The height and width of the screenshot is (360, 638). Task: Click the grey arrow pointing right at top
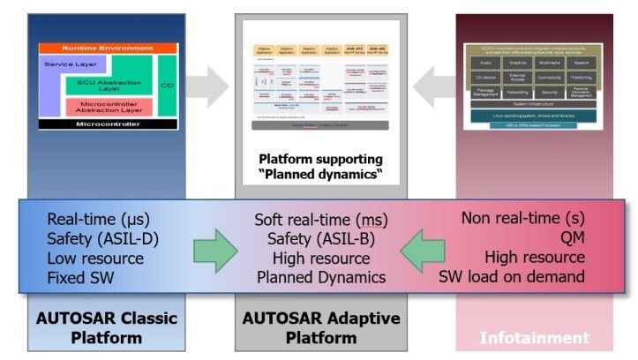point(209,86)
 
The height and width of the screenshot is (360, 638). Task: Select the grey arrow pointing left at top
point(432,86)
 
